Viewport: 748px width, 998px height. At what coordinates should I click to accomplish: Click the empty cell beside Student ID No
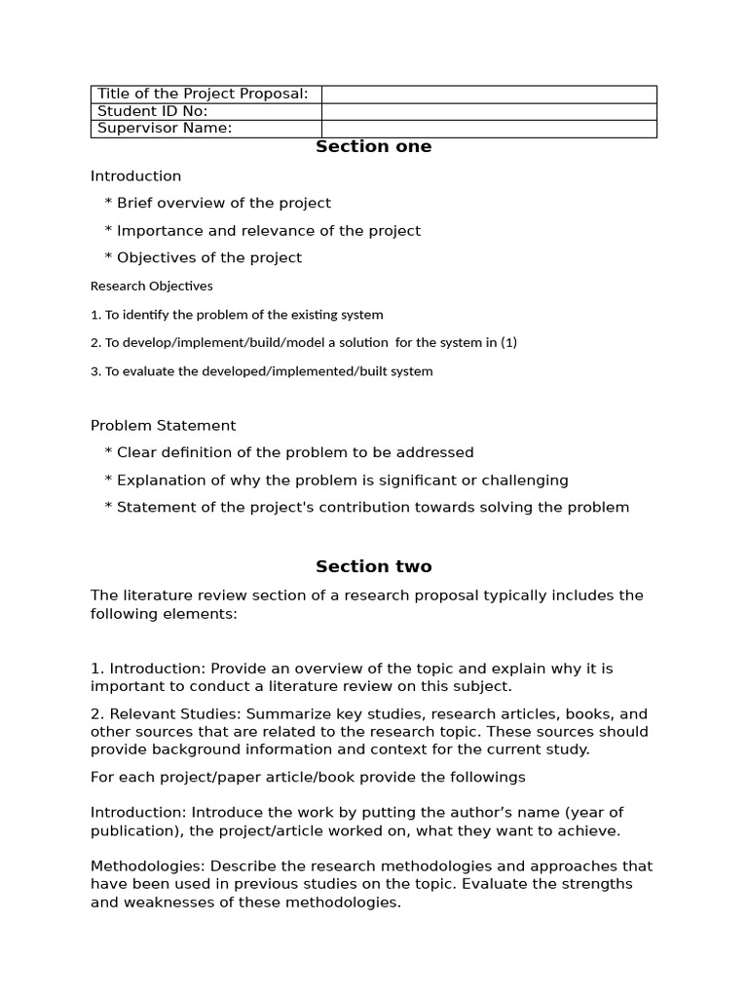click(489, 111)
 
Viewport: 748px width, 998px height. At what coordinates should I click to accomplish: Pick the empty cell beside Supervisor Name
click(489, 129)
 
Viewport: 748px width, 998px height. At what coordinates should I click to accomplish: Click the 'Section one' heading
click(374, 147)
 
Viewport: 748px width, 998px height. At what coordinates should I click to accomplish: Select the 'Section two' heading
click(374, 567)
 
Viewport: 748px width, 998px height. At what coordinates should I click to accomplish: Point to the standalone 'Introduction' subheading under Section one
click(135, 176)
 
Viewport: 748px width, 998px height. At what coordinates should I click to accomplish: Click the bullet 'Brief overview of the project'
click(223, 204)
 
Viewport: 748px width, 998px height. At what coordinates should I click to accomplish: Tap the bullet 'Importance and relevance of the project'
click(268, 231)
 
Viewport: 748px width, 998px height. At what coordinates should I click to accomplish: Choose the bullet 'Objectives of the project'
click(208, 258)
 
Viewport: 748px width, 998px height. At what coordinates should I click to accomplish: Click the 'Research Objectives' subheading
click(151, 287)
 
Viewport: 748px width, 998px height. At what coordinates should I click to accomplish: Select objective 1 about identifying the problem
click(237, 315)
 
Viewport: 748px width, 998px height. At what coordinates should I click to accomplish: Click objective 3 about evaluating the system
click(261, 371)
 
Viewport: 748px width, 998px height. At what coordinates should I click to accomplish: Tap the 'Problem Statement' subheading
click(163, 426)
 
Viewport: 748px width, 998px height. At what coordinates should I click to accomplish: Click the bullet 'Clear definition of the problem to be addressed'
click(294, 453)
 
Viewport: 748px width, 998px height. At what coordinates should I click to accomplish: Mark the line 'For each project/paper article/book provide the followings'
click(308, 777)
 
